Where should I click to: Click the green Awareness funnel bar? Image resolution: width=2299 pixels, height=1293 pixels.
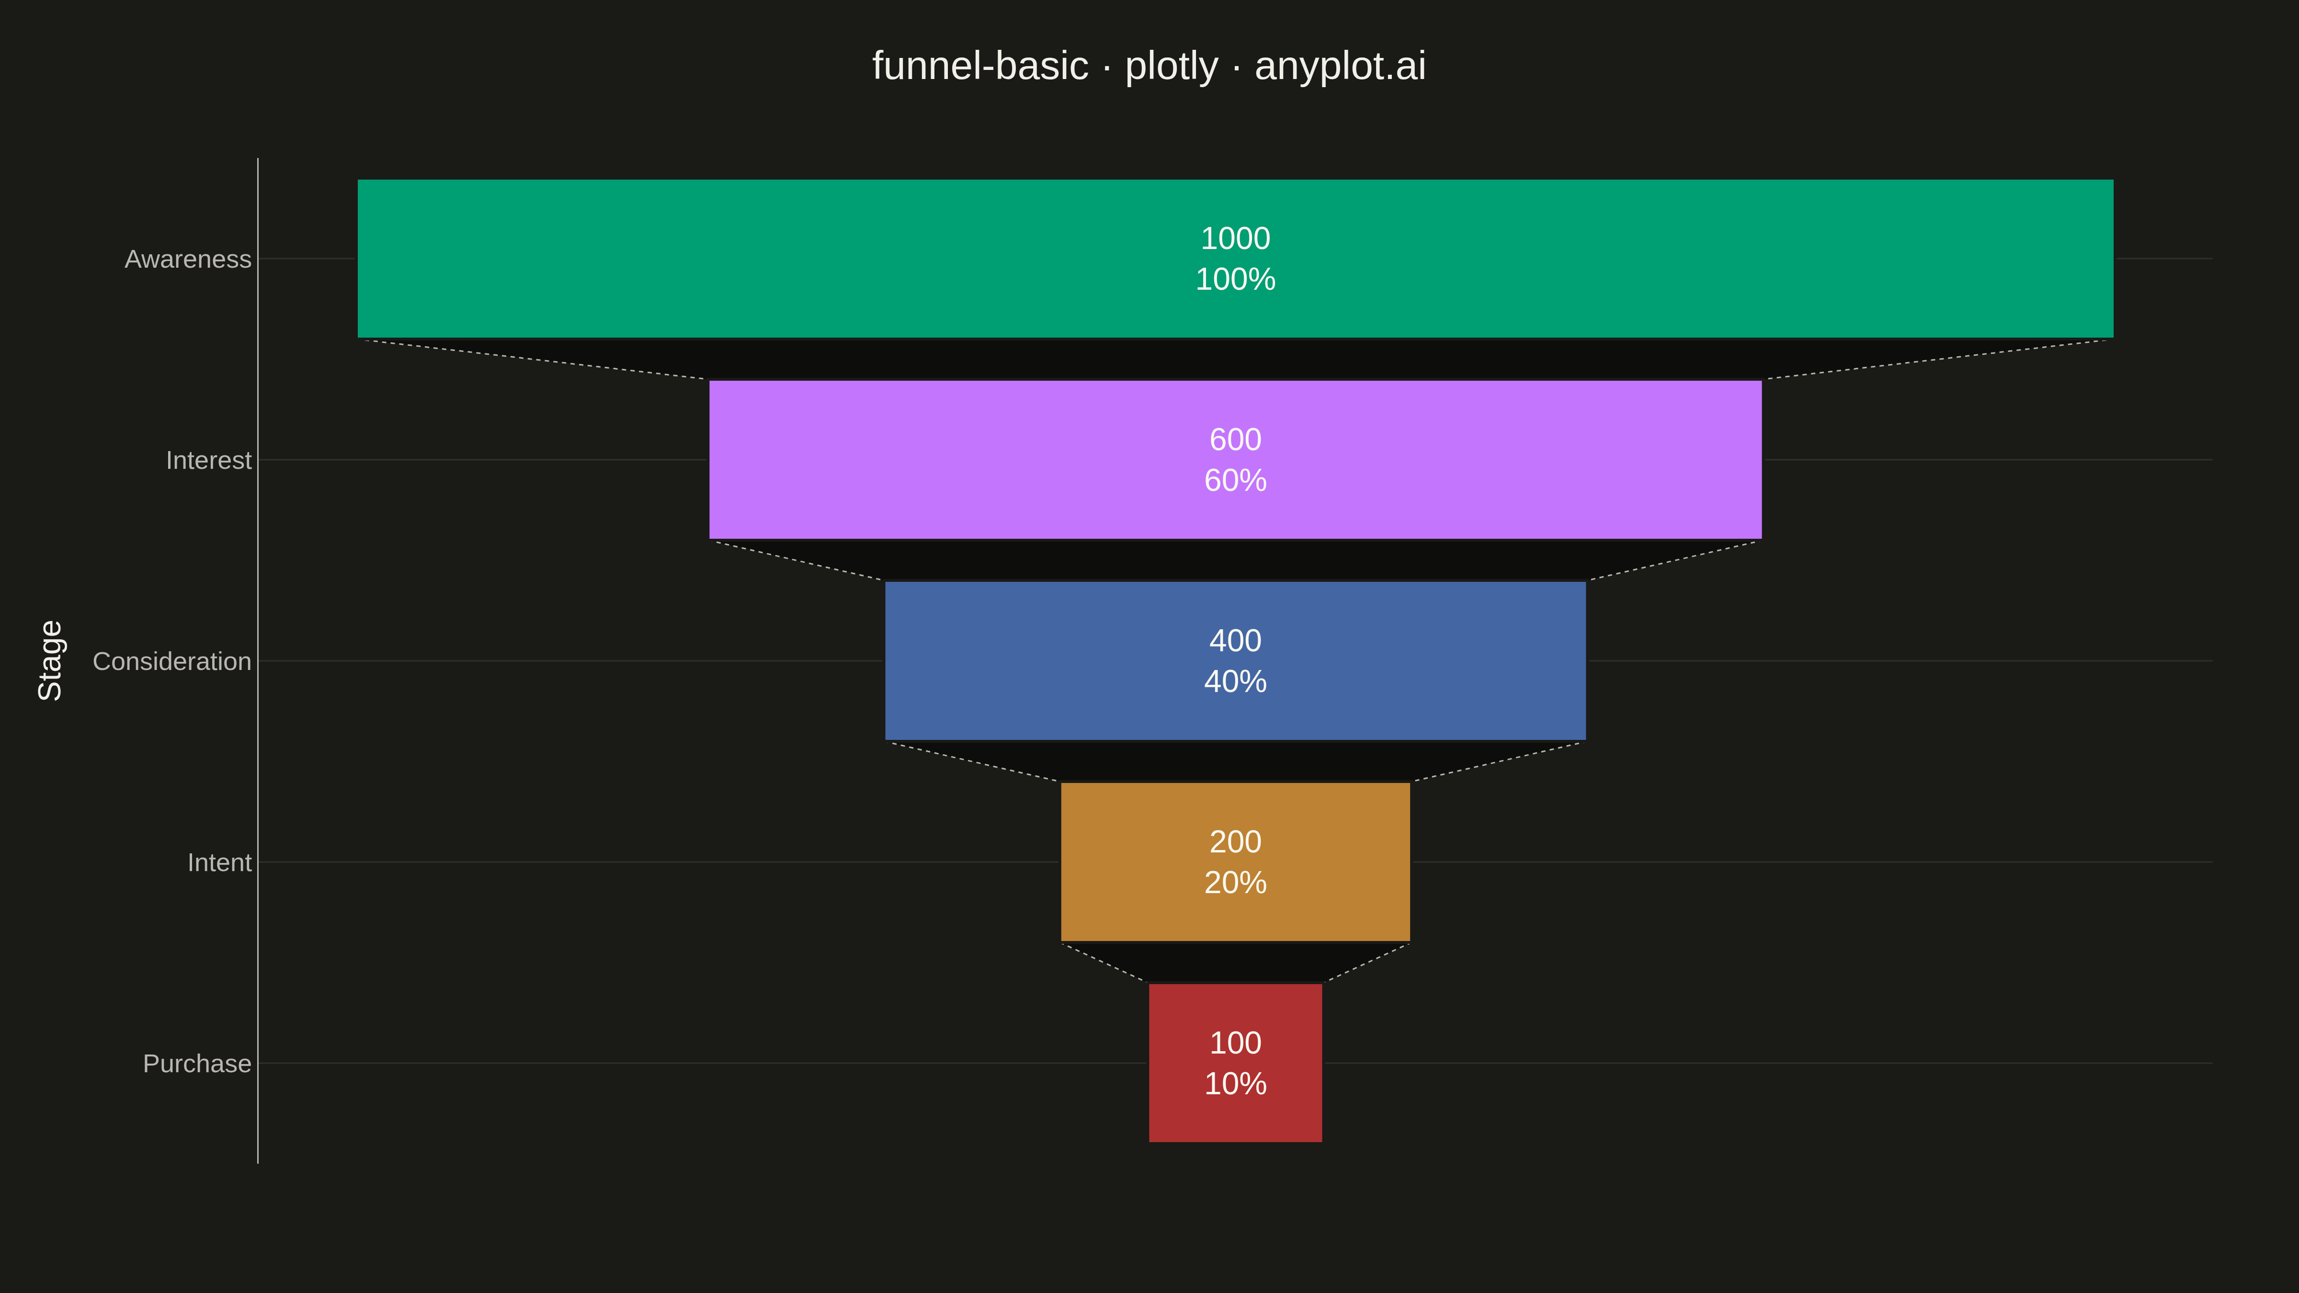coord(1235,259)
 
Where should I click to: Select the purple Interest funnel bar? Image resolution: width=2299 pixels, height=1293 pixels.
coord(1235,460)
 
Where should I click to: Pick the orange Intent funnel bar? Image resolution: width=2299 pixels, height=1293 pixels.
coord(1235,862)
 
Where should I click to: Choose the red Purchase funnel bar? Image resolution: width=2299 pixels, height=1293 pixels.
coord(1235,1063)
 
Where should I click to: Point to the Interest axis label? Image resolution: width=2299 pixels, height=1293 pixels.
coord(209,460)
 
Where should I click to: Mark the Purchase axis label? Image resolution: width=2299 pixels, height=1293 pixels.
coord(197,1064)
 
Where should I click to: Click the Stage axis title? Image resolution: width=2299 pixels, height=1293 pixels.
coord(50,660)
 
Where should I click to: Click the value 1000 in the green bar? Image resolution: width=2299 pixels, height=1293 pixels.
coord(1235,238)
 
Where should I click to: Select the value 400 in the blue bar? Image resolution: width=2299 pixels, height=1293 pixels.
coord(1235,641)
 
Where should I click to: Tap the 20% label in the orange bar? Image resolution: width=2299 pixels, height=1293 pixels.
coord(1235,883)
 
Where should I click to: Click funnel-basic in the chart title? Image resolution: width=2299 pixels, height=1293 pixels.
coord(980,66)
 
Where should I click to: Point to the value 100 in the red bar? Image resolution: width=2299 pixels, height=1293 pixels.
coord(1235,1042)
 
